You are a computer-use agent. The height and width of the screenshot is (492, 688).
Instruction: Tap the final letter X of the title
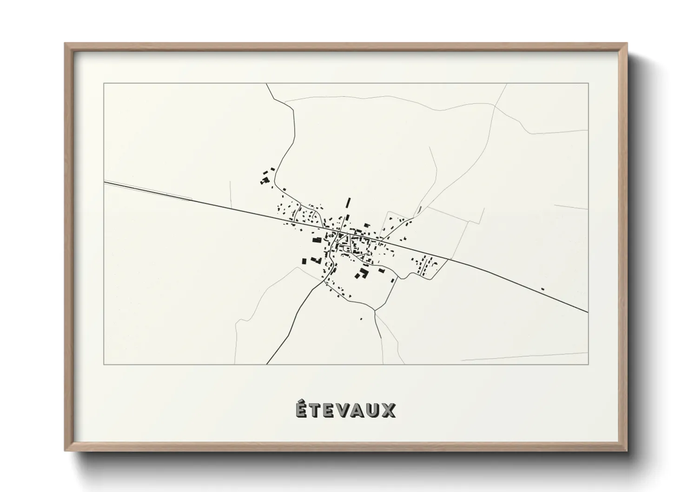[x=389, y=411]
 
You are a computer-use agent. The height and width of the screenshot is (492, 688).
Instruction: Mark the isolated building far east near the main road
[x=542, y=289]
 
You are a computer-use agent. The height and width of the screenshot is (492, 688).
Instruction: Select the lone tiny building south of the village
[x=361, y=319]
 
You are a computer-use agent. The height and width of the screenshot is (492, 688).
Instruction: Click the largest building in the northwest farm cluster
[x=266, y=180]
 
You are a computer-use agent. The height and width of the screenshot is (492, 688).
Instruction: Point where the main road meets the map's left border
[x=104, y=182]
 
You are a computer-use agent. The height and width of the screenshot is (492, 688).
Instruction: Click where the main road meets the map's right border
[x=588, y=312]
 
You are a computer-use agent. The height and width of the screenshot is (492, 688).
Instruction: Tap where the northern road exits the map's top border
[x=266, y=84]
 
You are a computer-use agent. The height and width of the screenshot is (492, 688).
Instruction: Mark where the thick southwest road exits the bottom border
[x=267, y=364]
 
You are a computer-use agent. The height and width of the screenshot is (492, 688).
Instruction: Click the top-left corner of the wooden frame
[x=65, y=44]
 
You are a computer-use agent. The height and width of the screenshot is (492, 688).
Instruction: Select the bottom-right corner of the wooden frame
[x=628, y=451]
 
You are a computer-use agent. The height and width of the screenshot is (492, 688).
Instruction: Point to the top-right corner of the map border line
[x=589, y=83]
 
